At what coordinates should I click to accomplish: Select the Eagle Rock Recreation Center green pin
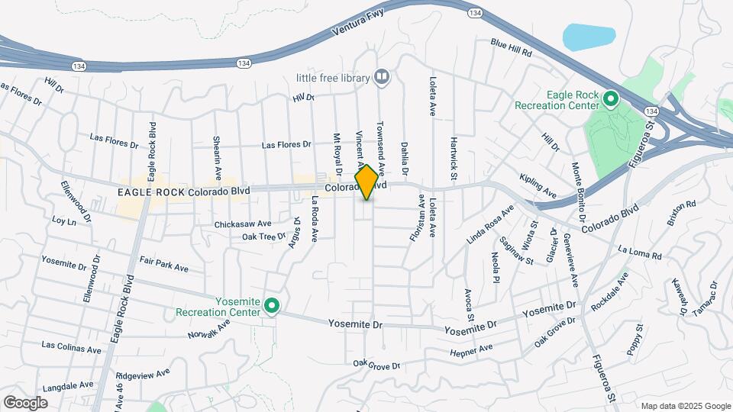pos(610,99)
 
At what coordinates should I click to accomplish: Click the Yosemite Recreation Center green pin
pos(271,307)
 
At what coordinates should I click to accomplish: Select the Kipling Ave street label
pos(537,184)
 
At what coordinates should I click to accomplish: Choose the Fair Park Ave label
pos(164,268)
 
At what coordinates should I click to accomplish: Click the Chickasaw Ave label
pos(243,224)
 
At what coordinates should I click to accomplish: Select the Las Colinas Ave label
pos(71,348)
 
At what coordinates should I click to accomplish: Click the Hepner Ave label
pos(471,349)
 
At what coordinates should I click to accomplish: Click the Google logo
pos(25,402)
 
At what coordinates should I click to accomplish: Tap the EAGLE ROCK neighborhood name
pos(150,193)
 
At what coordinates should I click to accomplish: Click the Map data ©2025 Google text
pos(685,406)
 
